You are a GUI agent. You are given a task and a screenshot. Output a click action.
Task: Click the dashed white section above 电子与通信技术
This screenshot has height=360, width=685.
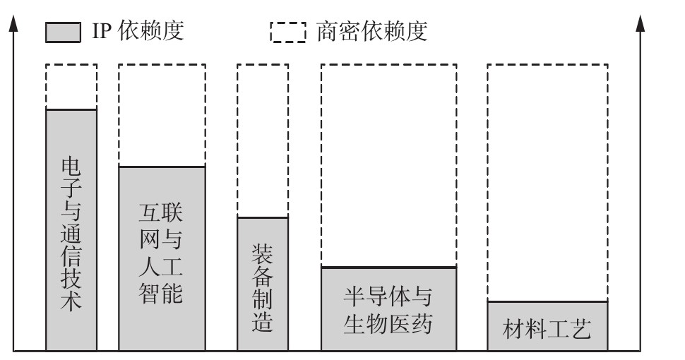click(x=71, y=87)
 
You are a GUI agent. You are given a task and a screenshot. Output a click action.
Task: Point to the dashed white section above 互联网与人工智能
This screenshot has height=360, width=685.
click(x=162, y=115)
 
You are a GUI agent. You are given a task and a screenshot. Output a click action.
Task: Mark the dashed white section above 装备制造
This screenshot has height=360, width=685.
click(x=263, y=140)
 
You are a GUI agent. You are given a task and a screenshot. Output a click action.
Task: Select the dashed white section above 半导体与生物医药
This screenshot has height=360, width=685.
click(x=389, y=166)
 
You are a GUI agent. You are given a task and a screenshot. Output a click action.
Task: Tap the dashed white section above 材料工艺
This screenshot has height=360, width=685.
click(x=547, y=183)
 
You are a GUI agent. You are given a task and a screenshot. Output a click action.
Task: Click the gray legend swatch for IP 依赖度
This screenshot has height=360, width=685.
click(x=63, y=32)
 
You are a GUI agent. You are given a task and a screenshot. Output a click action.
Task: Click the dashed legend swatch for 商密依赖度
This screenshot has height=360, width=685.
click(x=288, y=32)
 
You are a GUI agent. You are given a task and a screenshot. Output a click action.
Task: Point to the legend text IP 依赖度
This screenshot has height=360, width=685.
click(x=138, y=30)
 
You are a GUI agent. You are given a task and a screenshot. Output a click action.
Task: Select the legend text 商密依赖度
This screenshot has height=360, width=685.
click(x=371, y=31)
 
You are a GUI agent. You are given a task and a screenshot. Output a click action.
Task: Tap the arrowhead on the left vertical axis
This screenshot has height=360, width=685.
click(x=13, y=23)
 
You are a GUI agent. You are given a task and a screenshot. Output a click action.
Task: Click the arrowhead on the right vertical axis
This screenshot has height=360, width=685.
click(x=641, y=23)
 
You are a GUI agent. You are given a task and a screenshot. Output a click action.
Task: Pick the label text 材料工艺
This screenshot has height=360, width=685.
click(x=547, y=329)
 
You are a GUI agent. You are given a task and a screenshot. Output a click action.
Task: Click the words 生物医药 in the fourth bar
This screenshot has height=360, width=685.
click(x=388, y=324)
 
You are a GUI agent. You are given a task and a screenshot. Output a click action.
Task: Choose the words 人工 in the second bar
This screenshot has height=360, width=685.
click(x=161, y=267)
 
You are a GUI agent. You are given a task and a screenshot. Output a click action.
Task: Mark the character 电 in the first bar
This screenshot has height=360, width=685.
click(x=71, y=167)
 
